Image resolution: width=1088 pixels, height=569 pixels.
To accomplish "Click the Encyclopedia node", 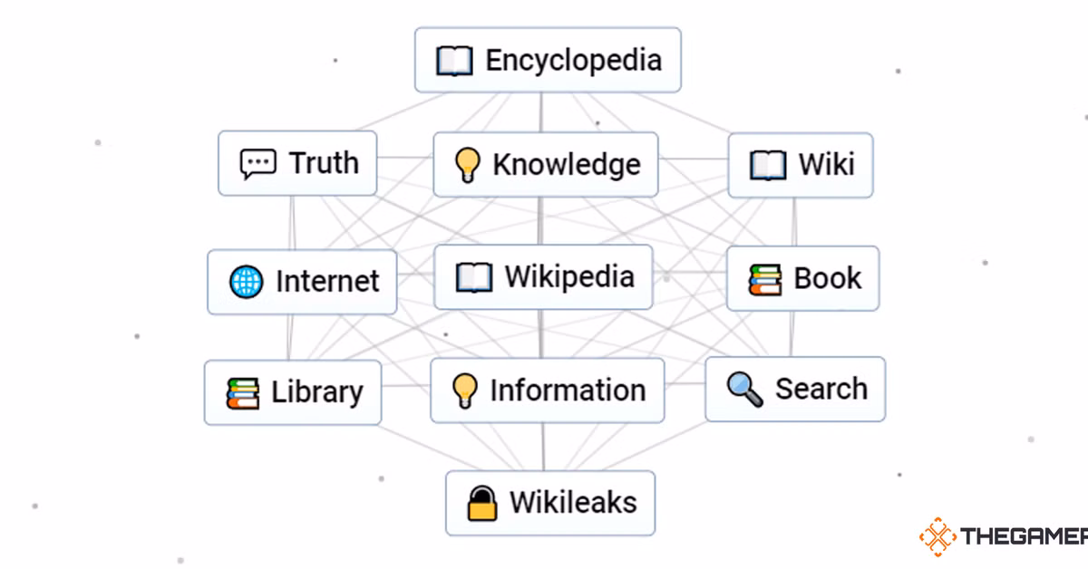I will [548, 60].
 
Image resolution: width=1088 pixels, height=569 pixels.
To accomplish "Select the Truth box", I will [297, 163].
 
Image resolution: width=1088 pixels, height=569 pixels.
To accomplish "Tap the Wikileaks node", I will [550, 503].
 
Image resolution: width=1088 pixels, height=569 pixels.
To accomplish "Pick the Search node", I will [795, 390].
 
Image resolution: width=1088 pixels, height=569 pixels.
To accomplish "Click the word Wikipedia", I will [569, 276].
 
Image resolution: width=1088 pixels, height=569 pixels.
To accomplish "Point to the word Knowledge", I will [567, 164].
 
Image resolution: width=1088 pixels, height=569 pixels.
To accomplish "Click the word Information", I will [568, 391].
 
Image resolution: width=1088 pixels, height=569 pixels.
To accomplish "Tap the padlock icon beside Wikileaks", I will [482, 503].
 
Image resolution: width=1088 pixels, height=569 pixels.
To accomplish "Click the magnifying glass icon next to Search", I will [744, 390].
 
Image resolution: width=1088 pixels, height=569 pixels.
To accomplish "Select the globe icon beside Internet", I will [247, 282].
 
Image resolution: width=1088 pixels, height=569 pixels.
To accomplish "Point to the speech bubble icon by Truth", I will [257, 164].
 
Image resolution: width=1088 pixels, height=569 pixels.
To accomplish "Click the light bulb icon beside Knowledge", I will [466, 165].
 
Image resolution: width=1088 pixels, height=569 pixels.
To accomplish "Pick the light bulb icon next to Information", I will [464, 391].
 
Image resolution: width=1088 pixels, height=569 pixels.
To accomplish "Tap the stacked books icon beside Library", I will [243, 393].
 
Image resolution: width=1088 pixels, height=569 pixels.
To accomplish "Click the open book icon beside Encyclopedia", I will [454, 62].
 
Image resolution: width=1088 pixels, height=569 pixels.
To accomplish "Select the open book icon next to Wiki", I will [768, 166].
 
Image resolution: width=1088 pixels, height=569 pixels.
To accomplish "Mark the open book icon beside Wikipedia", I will [474, 277].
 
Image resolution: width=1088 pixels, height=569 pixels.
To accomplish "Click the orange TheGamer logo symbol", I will [937, 536].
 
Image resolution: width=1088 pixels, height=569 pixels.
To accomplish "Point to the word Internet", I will [327, 282].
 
